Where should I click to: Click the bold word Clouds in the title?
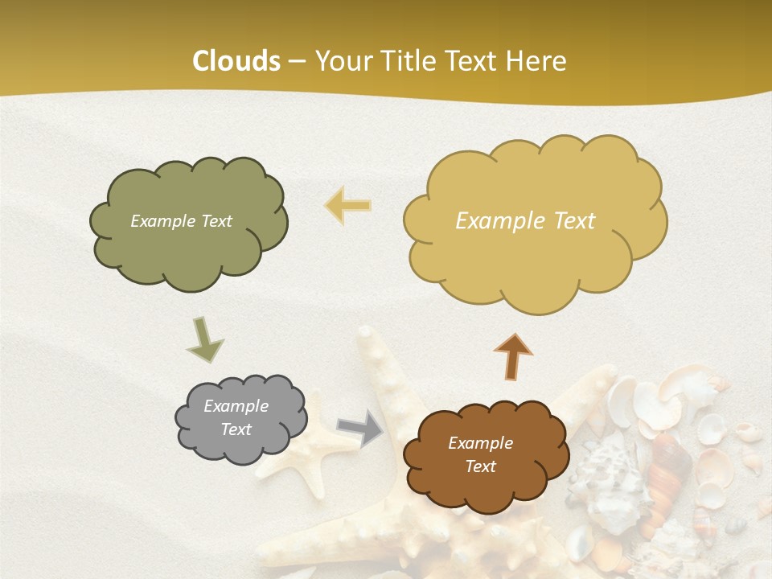236,61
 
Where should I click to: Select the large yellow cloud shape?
535,265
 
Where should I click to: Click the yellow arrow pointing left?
347,205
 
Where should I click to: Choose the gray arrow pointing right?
359,428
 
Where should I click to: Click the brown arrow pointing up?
512,356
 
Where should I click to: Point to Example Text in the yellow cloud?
525,221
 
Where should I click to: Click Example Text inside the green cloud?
181,221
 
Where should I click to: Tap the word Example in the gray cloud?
236,406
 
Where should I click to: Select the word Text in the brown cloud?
480,466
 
